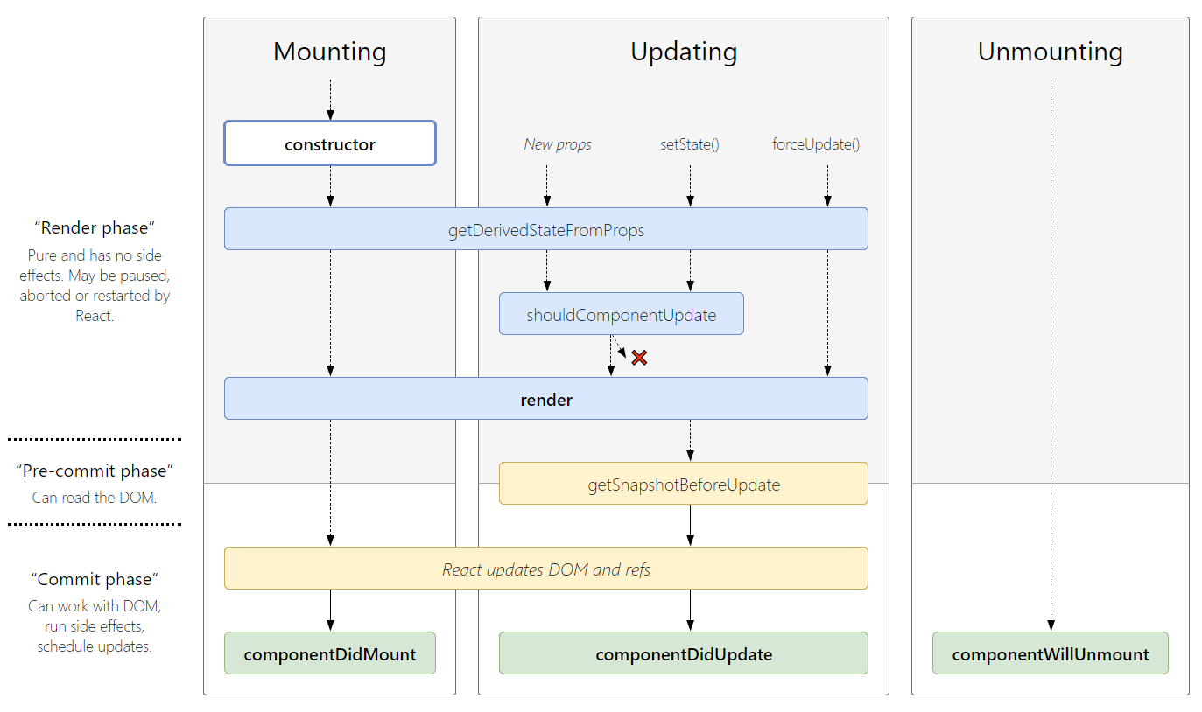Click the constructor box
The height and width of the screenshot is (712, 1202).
click(330, 143)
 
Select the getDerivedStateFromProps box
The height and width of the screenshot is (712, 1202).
click(545, 229)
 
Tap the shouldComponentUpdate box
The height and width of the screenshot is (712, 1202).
click(621, 314)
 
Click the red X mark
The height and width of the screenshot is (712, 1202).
click(639, 357)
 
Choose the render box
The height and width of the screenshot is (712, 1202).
click(545, 399)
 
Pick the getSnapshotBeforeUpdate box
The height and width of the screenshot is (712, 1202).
click(683, 484)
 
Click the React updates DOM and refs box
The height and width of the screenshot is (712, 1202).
click(545, 569)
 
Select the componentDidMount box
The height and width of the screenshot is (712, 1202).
click(330, 653)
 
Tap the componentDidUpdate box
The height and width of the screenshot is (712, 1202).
click(683, 653)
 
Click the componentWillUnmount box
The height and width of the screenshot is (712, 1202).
click(1050, 653)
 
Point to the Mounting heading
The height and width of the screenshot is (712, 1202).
click(330, 52)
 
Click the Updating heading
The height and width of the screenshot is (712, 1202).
click(684, 52)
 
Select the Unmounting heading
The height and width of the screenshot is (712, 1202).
click(1050, 52)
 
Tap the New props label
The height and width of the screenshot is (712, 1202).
click(558, 144)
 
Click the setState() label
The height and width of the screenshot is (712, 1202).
click(690, 144)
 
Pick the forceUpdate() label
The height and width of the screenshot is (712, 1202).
click(816, 144)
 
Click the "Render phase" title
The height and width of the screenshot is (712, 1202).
click(95, 227)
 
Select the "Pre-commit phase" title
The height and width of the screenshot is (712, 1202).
click(95, 471)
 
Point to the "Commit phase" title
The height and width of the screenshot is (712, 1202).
click(95, 579)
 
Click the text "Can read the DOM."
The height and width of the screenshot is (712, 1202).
click(95, 498)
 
